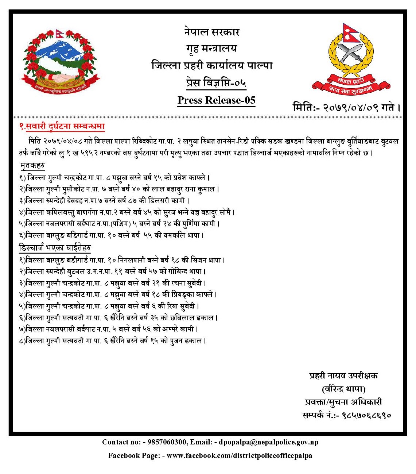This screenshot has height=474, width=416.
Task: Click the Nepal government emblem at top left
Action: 61,61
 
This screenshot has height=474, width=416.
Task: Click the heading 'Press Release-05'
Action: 216,100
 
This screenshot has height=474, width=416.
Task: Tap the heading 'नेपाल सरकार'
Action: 211,32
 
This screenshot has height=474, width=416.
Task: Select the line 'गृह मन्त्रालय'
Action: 211,49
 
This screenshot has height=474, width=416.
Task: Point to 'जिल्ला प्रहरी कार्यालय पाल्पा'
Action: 212,66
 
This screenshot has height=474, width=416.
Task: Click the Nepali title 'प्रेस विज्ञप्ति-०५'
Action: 216,83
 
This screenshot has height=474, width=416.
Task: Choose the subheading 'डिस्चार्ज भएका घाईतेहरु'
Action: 55,248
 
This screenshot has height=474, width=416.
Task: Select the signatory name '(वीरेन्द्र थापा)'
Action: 343,389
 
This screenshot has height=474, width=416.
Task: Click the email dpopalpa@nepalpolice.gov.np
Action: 269,442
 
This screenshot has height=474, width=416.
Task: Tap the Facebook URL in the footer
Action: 239,455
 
